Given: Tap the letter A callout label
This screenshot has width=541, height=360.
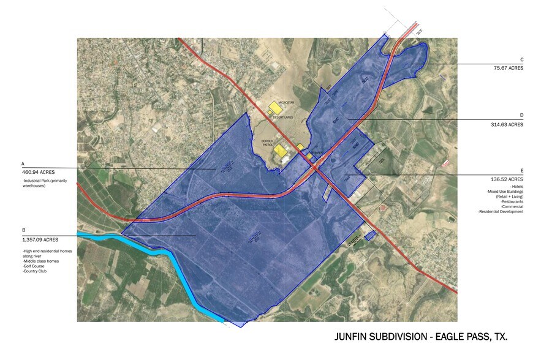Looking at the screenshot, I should click(23, 164).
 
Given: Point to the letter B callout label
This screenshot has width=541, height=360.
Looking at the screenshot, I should click(23, 230).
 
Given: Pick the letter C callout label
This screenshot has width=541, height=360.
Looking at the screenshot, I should click(521, 59).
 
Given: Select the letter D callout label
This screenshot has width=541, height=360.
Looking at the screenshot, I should click(521, 115).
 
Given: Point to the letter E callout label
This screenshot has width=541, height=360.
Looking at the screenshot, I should click(521, 171).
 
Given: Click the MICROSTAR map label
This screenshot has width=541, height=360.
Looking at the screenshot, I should click(286, 103).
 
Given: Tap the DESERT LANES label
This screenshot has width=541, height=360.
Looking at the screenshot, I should click(283, 117).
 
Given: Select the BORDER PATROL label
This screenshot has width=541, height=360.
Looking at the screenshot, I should click(267, 143).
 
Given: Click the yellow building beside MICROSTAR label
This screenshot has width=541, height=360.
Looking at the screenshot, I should click(275, 108).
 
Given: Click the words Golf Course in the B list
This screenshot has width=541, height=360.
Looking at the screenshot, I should click(35, 266).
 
